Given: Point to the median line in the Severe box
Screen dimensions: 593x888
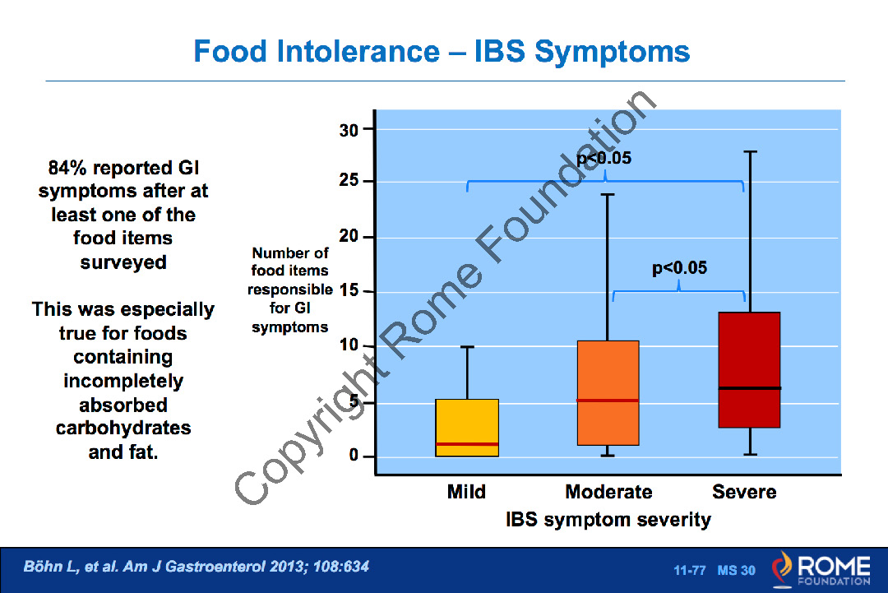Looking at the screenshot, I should pos(749,387).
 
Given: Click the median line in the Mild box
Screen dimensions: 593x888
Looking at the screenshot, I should pos(467,444).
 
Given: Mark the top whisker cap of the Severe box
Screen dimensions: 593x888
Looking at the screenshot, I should pos(750,151).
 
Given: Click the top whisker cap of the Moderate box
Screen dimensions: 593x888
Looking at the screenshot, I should pos(608,195).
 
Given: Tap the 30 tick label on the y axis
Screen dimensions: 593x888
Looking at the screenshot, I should pos(348,130).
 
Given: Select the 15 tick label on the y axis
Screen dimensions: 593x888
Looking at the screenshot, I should pos(348,291).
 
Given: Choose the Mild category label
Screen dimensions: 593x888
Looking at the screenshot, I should pos(466,492).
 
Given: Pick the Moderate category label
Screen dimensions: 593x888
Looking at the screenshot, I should pos(608,492).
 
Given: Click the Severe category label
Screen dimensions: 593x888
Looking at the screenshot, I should pos(744,492).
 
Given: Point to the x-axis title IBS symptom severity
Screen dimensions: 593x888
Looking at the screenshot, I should pos(608,520).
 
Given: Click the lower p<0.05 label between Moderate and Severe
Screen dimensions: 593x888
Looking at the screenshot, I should pos(679,268).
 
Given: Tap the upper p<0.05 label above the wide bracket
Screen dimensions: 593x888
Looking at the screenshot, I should pos(604,159).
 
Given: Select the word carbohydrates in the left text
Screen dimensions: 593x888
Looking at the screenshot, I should pos(123,429).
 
